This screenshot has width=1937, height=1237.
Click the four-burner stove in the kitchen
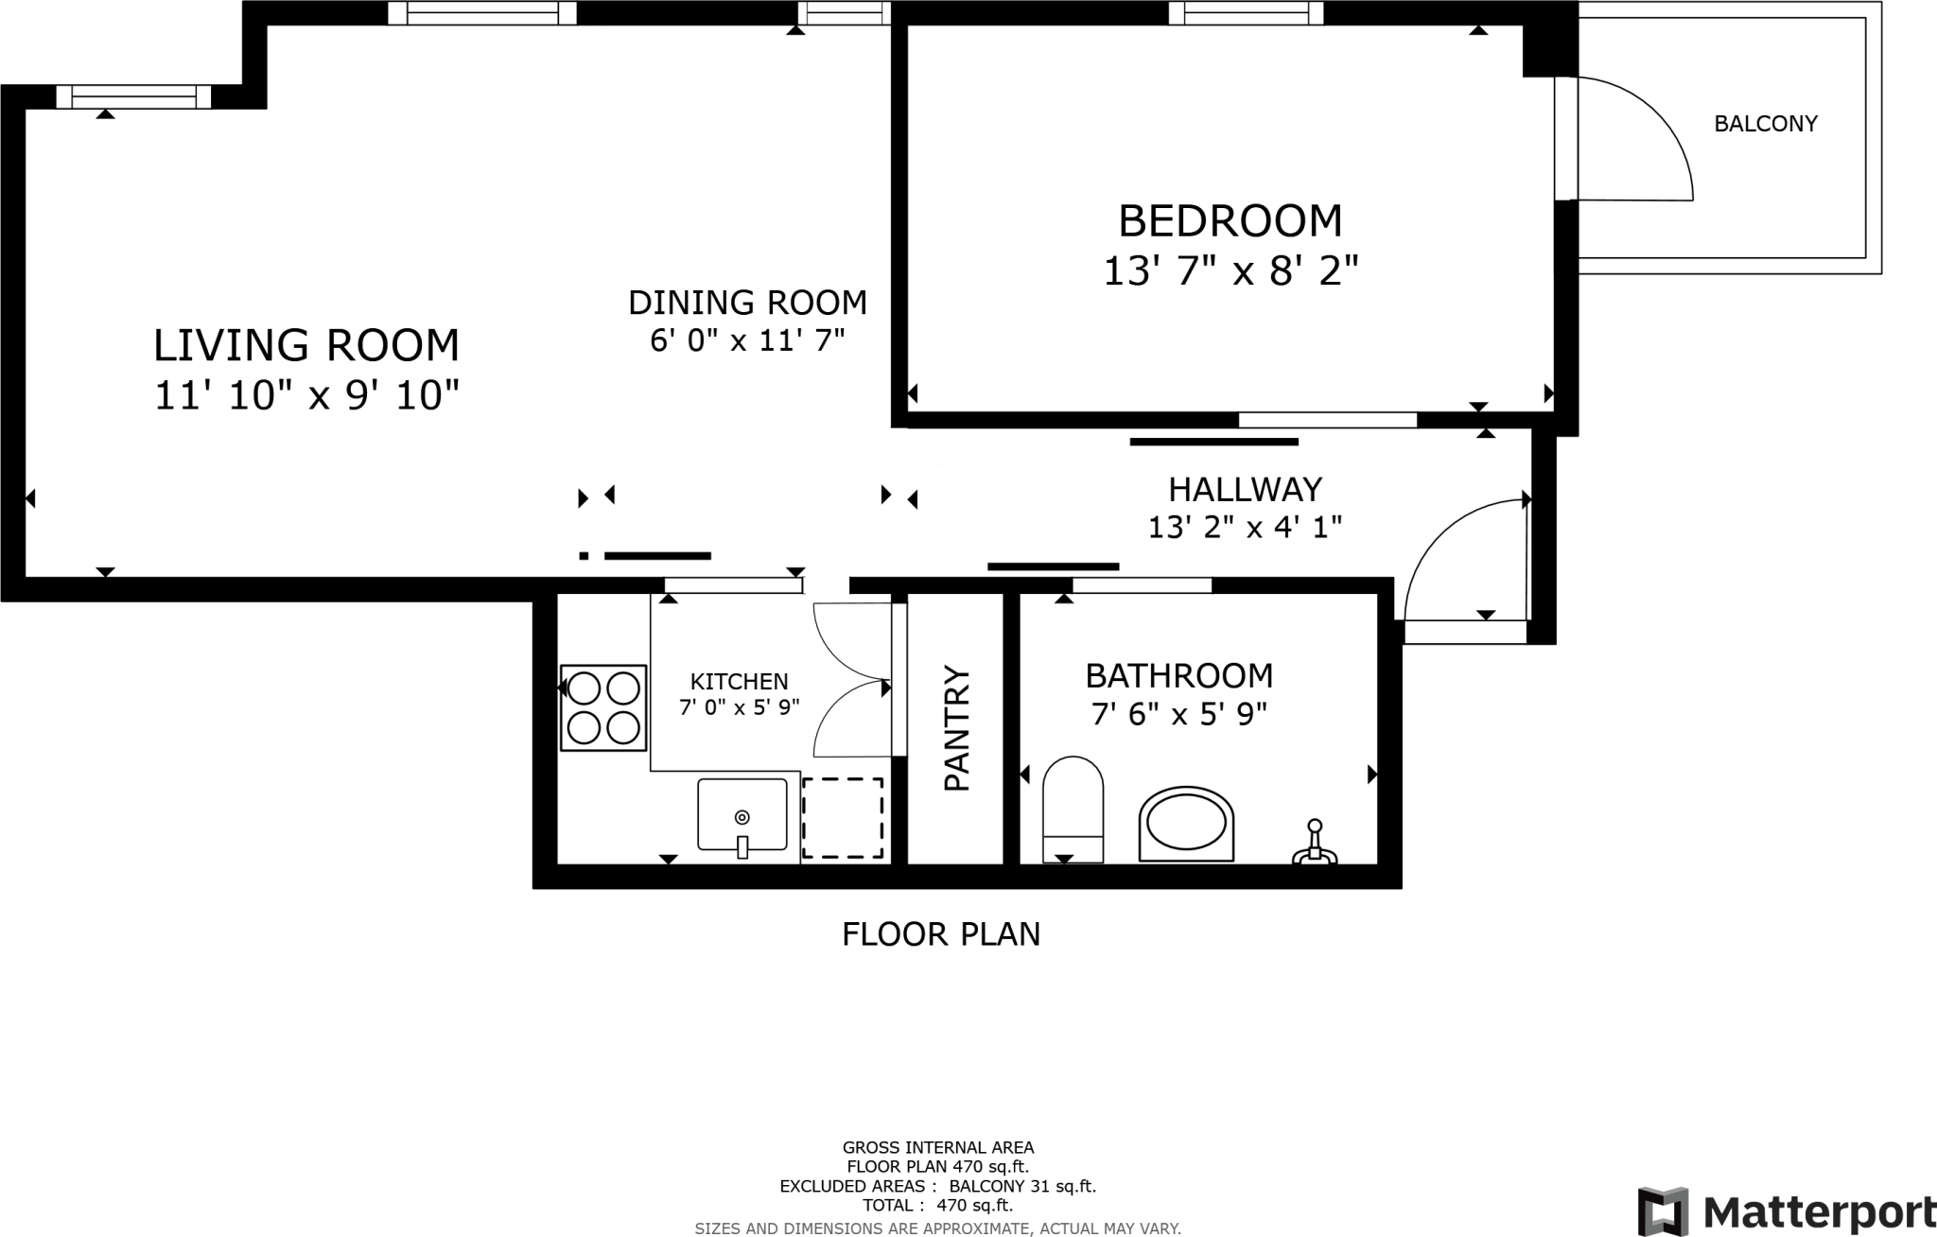click(x=603, y=708)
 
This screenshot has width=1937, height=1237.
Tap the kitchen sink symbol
click(x=742, y=815)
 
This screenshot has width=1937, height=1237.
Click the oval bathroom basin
click(x=1186, y=824)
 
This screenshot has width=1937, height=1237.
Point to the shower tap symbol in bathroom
click(x=1315, y=844)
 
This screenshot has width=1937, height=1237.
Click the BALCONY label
click(x=1766, y=124)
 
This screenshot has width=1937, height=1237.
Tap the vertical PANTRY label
click(x=957, y=728)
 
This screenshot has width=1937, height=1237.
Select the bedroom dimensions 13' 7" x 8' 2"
click(x=1230, y=272)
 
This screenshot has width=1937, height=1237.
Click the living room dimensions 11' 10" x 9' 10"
click(x=306, y=395)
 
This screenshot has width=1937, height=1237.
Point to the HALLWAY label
click(x=1245, y=489)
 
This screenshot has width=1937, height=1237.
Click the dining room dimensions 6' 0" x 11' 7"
click(x=747, y=340)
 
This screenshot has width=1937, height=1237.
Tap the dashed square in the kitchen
click(x=843, y=818)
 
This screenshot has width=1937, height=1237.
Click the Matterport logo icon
click(x=1664, y=1211)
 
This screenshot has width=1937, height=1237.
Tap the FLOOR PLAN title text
click(x=941, y=934)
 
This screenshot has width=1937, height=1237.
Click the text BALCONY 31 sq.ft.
click(x=1021, y=1186)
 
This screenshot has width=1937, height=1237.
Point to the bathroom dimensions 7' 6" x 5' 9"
click(x=1178, y=714)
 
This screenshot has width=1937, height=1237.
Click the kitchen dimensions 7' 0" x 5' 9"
click(x=740, y=706)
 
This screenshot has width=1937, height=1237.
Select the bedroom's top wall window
click(x=1245, y=12)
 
